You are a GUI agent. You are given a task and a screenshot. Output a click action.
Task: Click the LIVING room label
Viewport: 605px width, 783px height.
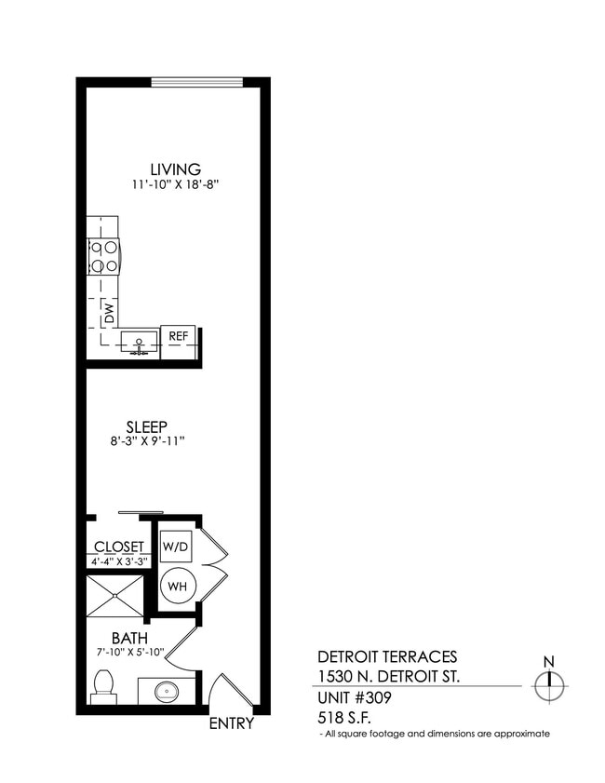[174, 169]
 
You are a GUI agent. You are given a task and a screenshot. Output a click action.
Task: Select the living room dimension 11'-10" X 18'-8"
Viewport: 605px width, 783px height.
[174, 185]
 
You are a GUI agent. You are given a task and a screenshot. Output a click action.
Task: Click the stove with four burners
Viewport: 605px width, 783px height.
[104, 257]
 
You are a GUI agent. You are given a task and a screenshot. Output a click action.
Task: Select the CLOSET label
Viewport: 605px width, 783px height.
[119, 547]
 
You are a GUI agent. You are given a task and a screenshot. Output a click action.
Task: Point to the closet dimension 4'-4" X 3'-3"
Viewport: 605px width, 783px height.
[119, 561]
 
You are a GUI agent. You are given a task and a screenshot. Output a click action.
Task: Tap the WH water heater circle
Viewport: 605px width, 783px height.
[176, 587]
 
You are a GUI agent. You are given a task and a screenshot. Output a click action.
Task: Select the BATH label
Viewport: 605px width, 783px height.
[127, 639]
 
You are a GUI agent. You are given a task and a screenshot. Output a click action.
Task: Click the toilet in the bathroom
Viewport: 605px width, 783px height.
[103, 687]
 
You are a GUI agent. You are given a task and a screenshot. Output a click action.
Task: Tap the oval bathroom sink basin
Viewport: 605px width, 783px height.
[167, 692]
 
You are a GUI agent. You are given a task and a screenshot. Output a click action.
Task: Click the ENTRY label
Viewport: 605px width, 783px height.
[231, 723]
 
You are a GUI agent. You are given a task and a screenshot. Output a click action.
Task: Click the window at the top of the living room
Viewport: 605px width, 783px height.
[197, 82]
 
